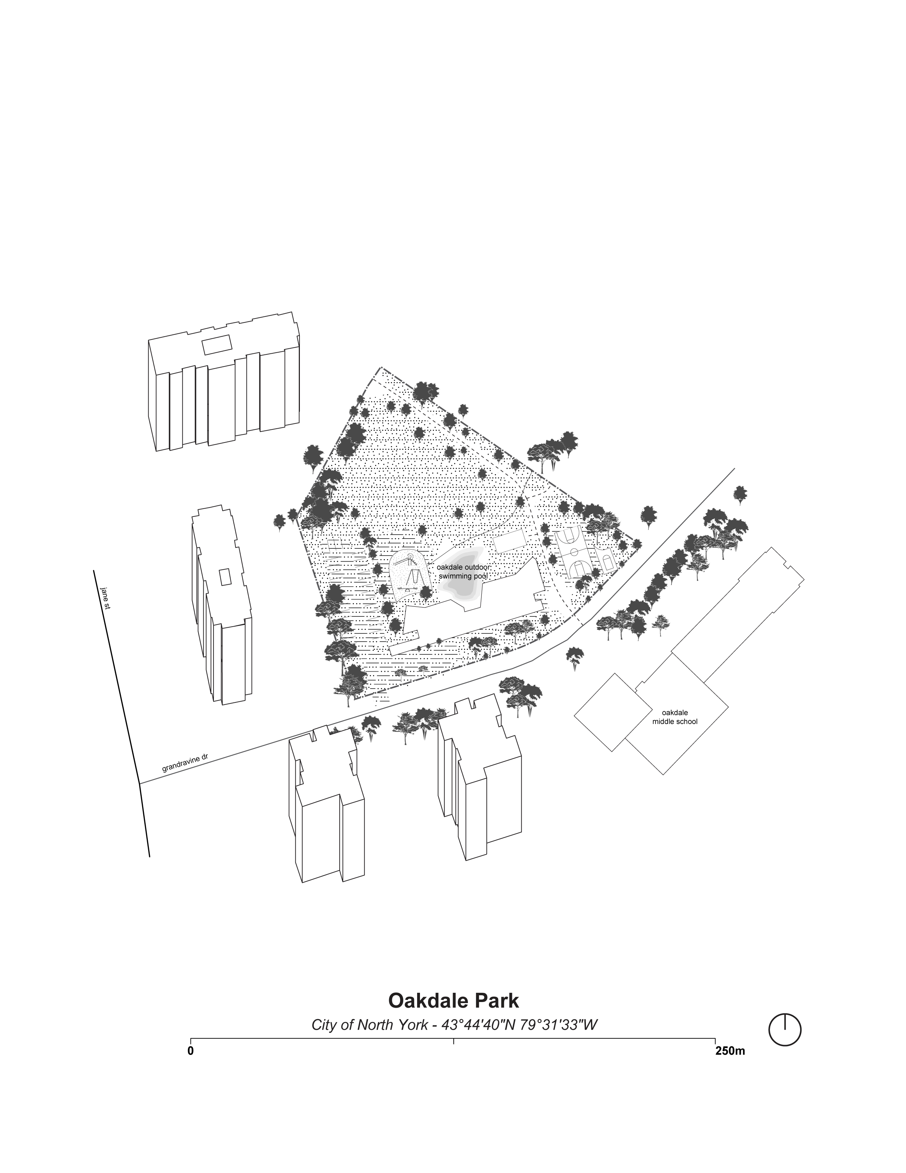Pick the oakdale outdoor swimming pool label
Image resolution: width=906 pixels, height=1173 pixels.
pyautogui.click(x=462, y=572)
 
